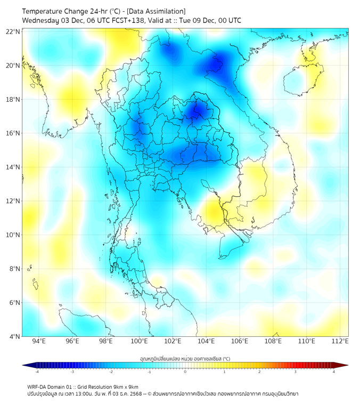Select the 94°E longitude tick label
click(x=39, y=341)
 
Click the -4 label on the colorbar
click(x=36, y=372)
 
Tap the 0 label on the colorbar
click(x=185, y=372)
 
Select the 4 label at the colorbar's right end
click(x=334, y=372)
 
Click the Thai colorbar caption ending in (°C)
click(x=185, y=359)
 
